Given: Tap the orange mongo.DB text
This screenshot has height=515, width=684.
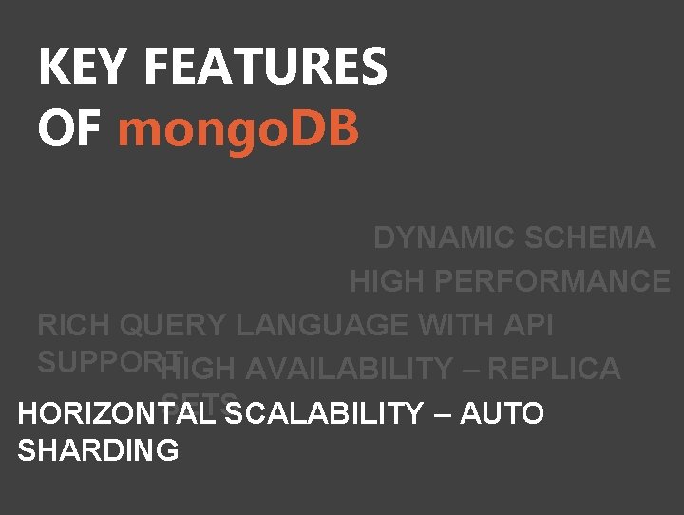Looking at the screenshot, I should (x=237, y=129).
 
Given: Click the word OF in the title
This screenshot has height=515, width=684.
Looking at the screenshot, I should (x=68, y=129).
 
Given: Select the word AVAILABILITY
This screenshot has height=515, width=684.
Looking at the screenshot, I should (x=349, y=369).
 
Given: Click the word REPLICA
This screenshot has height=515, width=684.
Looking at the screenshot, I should (x=560, y=369).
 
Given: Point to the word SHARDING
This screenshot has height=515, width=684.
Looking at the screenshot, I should (x=98, y=450).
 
